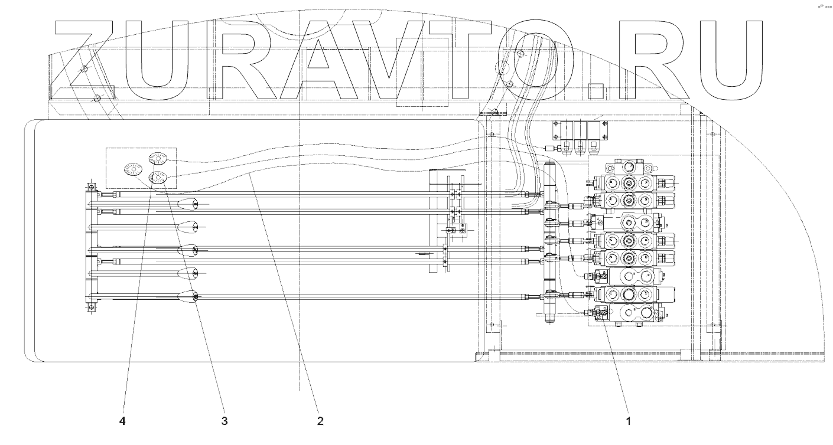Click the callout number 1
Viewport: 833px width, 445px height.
pos(629,421)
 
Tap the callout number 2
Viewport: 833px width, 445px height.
pos(320,421)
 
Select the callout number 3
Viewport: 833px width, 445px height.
pos(224,421)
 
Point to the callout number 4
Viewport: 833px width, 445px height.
pos(123,421)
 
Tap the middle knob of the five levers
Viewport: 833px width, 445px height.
pos(188,250)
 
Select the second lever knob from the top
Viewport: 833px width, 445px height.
pos(188,226)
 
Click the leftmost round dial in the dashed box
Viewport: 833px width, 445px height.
pos(132,169)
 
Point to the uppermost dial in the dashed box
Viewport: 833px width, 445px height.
pos(159,158)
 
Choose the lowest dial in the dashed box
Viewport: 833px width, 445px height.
pos(158,176)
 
